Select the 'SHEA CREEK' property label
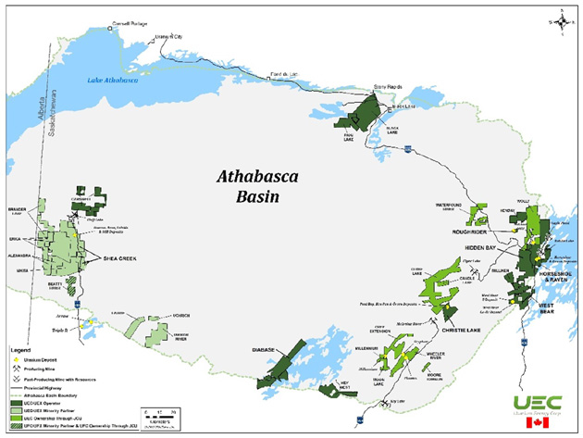click(x=118, y=258)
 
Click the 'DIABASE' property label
click(x=265, y=350)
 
